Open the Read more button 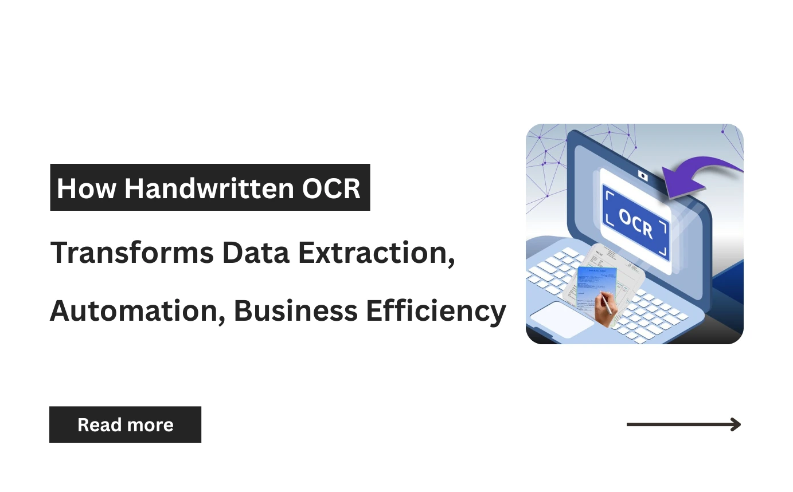[125, 424]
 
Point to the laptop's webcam [643, 176]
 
